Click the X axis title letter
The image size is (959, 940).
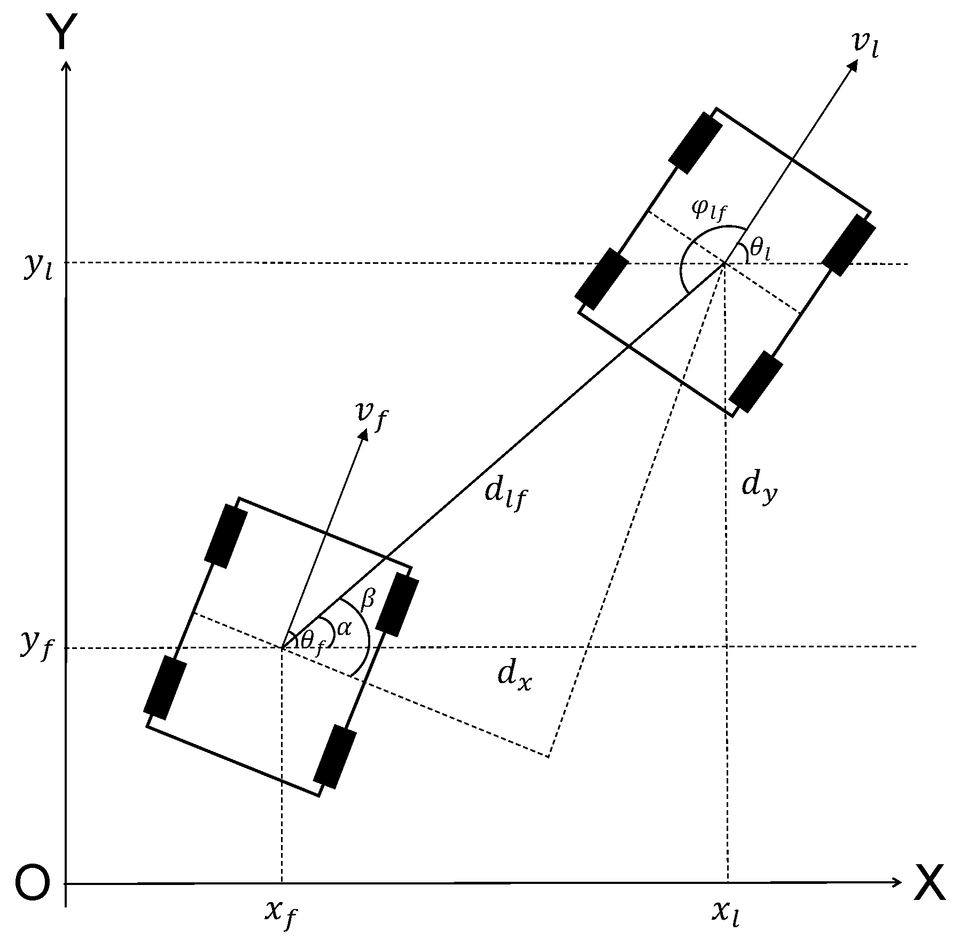[x=930, y=884]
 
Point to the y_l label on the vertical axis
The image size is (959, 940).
[x=36, y=267]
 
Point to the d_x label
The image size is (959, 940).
[x=514, y=677]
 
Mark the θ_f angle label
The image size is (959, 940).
[x=312, y=640]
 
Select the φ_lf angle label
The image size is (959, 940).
[x=708, y=210]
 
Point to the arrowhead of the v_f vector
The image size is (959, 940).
[x=365, y=435]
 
